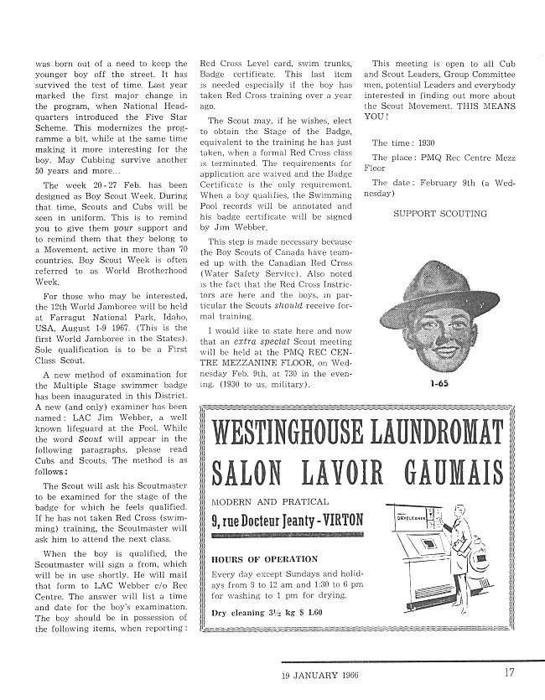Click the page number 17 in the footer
click(509, 670)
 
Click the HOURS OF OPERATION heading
click(266, 558)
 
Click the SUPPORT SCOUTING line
click(439, 214)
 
